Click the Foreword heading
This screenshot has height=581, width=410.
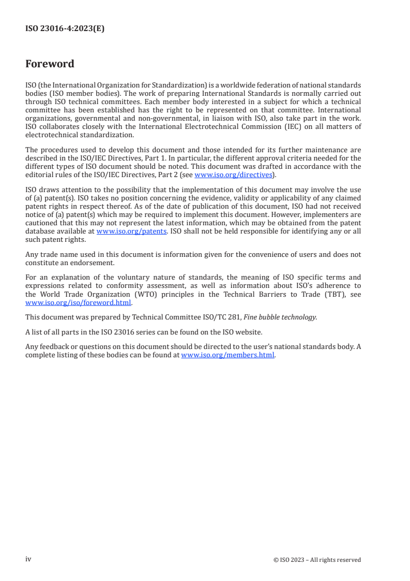(50, 64)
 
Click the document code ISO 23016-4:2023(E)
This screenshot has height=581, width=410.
(65, 29)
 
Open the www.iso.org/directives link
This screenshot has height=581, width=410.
(233, 175)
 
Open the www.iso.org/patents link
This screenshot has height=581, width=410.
(131, 231)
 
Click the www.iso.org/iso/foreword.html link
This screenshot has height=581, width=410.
(78, 303)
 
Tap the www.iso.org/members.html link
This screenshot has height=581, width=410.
(227, 355)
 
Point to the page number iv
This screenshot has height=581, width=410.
(28, 559)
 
